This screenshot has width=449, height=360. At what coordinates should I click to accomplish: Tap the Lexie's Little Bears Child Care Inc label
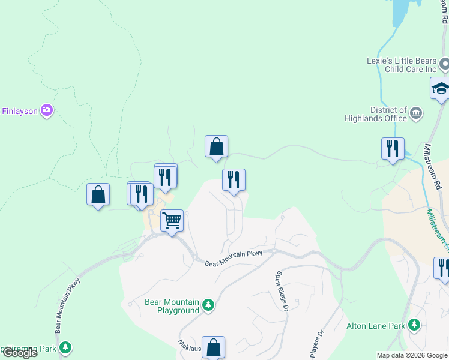tap(402, 65)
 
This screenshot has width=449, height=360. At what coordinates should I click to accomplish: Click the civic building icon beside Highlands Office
tap(415, 113)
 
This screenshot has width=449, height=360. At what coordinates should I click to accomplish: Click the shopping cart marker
tap(172, 221)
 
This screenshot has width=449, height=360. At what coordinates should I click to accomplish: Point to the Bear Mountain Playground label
tap(172, 306)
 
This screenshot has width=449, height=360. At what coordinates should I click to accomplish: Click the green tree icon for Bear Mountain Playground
tap(208, 305)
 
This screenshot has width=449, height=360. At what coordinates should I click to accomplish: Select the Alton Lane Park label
tap(376, 326)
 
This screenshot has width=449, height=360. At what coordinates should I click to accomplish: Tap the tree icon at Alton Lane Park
tap(414, 326)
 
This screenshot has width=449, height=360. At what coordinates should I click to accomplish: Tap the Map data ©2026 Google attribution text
tap(412, 355)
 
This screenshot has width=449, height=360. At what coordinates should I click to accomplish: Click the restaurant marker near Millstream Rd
tap(393, 148)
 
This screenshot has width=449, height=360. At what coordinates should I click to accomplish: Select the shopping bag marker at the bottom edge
tap(213, 347)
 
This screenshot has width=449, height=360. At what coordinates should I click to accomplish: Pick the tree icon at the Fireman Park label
tap(65, 347)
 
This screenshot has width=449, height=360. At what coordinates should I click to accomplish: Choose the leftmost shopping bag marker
tap(98, 194)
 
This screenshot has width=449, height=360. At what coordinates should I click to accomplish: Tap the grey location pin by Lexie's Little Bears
tap(445, 64)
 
